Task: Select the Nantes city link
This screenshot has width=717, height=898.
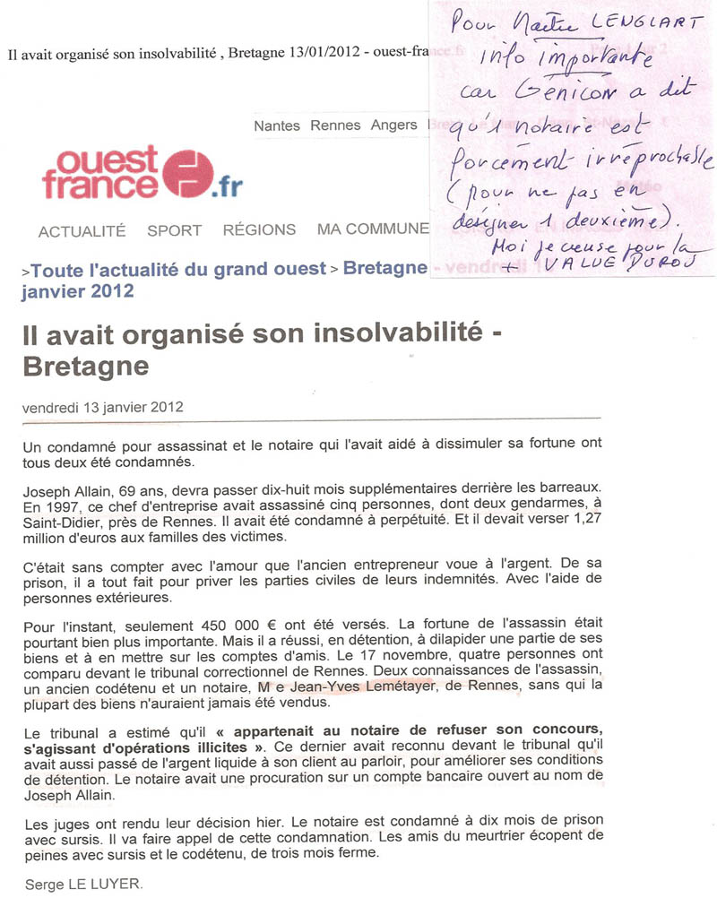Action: [x=277, y=125]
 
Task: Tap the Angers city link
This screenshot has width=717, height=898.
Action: [x=393, y=125]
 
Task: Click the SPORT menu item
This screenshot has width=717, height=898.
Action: [x=174, y=230]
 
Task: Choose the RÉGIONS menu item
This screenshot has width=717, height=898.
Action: [x=259, y=230]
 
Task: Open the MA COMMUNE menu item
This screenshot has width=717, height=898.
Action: [x=373, y=230]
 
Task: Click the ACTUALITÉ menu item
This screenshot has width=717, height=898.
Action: [x=82, y=230]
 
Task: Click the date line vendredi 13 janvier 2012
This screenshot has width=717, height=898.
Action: [x=102, y=406]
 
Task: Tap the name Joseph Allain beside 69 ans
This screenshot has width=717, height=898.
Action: [x=65, y=491]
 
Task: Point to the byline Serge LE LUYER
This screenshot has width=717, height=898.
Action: [x=82, y=883]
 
